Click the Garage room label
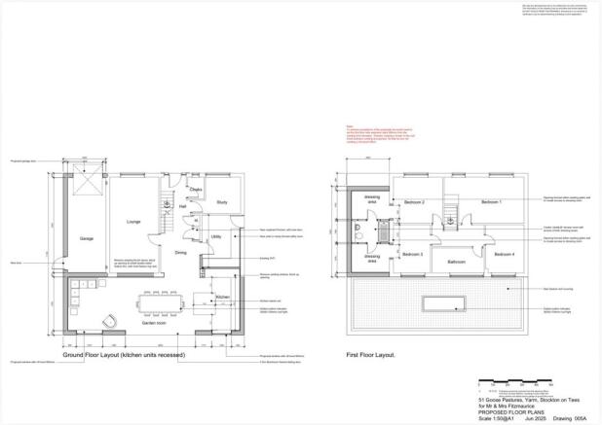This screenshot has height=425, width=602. (x=86, y=238)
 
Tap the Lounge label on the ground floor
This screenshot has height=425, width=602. (x=133, y=222)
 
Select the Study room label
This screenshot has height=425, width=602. (x=222, y=202)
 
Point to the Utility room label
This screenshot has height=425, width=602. (x=216, y=236)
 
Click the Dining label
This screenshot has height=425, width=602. (x=180, y=253)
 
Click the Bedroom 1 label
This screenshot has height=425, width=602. (x=491, y=201)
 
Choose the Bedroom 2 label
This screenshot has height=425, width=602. (x=414, y=202)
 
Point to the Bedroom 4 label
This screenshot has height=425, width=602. (x=504, y=254)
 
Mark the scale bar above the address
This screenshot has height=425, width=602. (x=507, y=390)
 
